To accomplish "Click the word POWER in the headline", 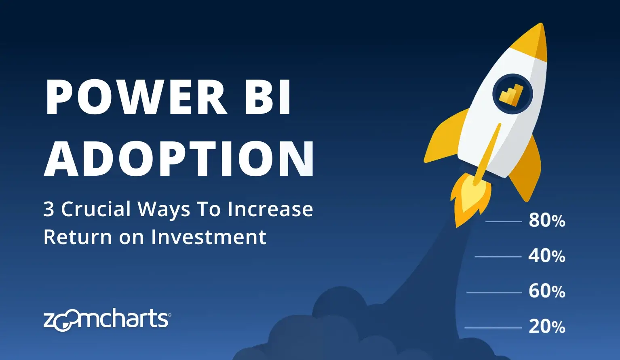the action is (x=136, y=97).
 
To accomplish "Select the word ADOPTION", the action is (x=179, y=158).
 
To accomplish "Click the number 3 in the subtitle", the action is (x=49, y=209).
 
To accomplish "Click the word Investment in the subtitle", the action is (x=209, y=237).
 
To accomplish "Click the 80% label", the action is (x=547, y=221).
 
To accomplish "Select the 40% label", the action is (x=547, y=256).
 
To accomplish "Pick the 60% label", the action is (x=547, y=291).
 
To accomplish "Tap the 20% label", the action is (x=547, y=327).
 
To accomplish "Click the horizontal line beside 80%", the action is (x=504, y=222).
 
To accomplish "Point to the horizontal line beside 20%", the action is (x=493, y=328).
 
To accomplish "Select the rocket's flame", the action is (x=470, y=199).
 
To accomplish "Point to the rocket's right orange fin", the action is (x=525, y=169).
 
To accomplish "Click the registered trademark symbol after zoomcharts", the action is (x=169, y=315).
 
